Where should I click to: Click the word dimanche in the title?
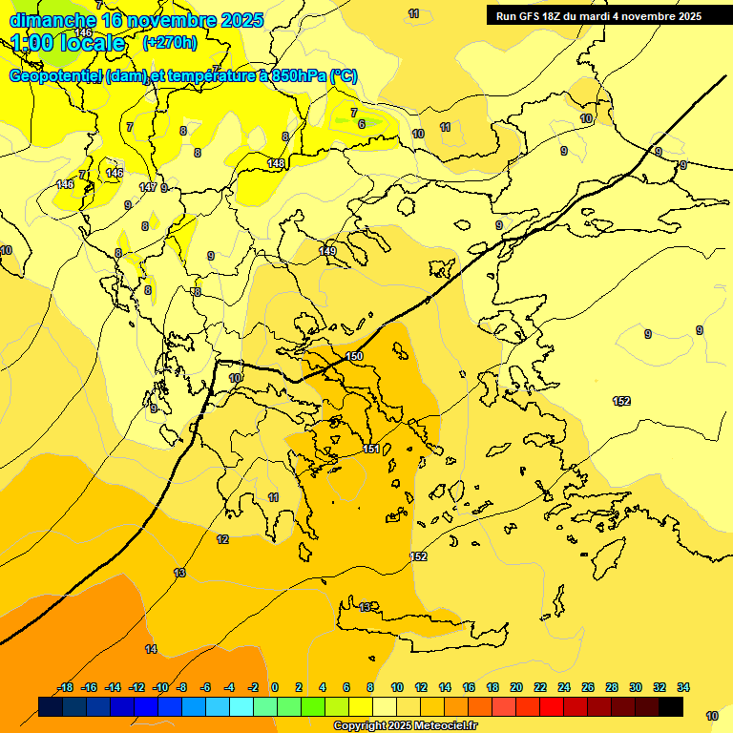(52, 20)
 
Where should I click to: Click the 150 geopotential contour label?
(354, 356)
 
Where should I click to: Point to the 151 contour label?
(372, 449)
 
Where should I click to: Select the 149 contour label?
(327, 251)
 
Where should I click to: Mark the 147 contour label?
(148, 187)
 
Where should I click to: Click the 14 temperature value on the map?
(151, 649)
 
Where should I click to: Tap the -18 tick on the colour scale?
(65, 687)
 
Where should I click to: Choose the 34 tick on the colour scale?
(683, 687)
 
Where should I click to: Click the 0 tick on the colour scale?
(275, 687)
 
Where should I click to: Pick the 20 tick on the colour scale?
(516, 687)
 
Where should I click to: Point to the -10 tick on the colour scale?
(159, 687)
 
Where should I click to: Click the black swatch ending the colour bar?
(670, 706)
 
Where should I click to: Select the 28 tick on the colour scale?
(612, 687)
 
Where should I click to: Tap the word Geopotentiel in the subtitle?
(56, 76)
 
